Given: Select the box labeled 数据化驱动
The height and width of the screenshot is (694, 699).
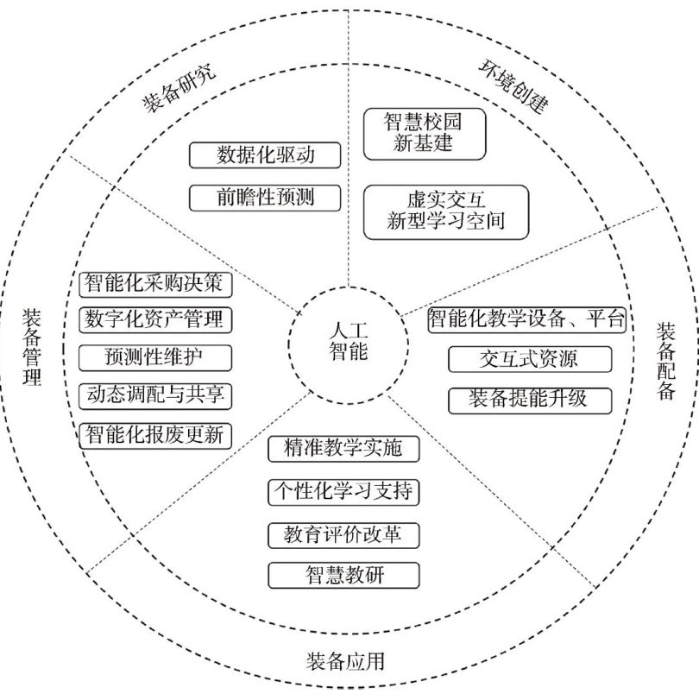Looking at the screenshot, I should (x=265, y=156).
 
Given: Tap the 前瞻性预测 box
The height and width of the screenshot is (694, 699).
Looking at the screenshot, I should (x=265, y=198).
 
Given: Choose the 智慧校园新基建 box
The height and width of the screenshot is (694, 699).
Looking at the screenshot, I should (x=424, y=134).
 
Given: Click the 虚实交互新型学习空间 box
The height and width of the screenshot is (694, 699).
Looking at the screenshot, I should (x=444, y=211).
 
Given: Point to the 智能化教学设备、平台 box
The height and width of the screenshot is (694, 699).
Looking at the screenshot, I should (x=526, y=319).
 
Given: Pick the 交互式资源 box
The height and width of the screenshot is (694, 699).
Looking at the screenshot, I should (x=530, y=359).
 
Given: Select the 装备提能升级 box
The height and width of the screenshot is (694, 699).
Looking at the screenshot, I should (x=530, y=400).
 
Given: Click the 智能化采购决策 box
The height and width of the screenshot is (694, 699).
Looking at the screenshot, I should (x=155, y=282).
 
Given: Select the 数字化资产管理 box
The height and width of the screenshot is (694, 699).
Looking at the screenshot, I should (x=155, y=319).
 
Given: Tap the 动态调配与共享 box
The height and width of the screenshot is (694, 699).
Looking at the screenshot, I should (x=155, y=395).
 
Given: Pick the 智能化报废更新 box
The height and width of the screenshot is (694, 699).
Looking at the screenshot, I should (x=155, y=434).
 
